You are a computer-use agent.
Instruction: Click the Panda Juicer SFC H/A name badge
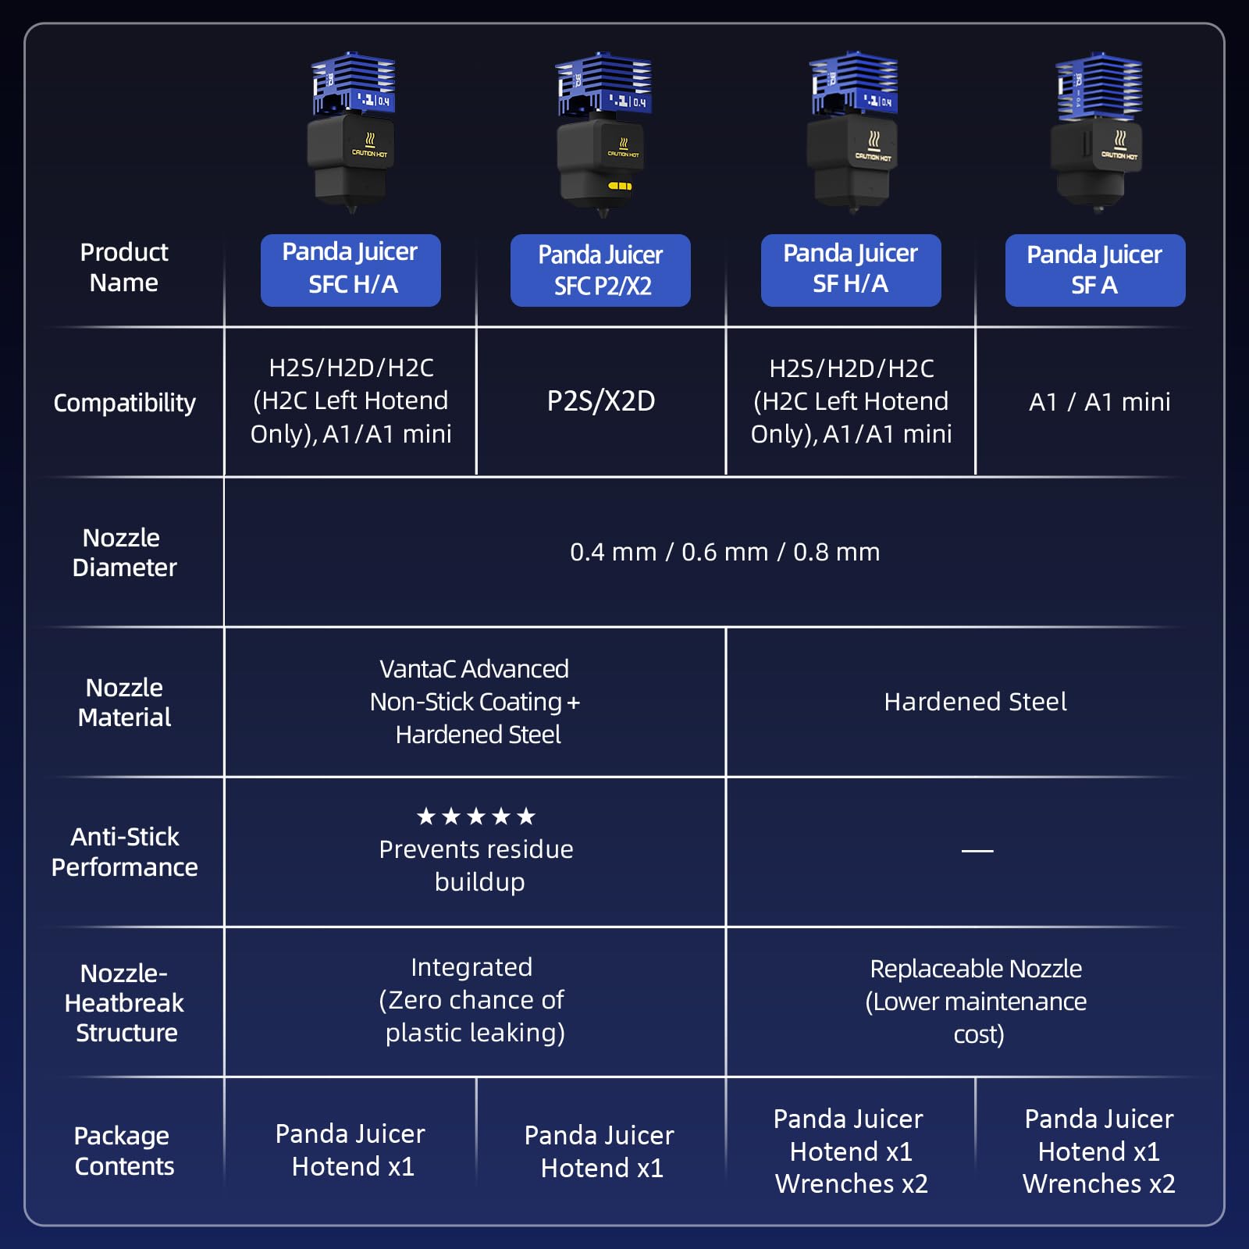tap(351, 270)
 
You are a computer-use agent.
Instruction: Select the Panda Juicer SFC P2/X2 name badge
tap(600, 270)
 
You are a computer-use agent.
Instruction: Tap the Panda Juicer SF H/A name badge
tap(851, 270)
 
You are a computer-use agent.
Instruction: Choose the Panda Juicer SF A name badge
tap(1095, 270)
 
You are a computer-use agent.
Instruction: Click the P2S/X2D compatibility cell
tap(601, 400)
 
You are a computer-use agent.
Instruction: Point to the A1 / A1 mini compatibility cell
tap(1099, 402)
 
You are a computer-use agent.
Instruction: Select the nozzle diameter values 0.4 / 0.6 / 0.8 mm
tap(724, 552)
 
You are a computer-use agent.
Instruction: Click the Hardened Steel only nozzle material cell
tap(975, 702)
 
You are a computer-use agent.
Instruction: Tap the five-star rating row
tap(476, 817)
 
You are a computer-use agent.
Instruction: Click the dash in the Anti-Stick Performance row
tap(977, 850)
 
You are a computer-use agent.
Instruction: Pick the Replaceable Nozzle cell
tap(976, 1002)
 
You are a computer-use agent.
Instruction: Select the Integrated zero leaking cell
tap(473, 1000)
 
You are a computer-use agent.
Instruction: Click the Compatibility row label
tap(124, 403)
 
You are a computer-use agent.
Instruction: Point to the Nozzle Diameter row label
tap(124, 552)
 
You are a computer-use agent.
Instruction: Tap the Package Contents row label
tap(123, 1151)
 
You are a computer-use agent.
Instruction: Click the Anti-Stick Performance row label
tap(124, 852)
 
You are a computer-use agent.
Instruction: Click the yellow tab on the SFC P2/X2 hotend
tap(620, 186)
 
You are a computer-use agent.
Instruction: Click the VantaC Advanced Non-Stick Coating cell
tap(475, 702)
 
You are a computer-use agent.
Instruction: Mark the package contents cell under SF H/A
tap(850, 1151)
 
